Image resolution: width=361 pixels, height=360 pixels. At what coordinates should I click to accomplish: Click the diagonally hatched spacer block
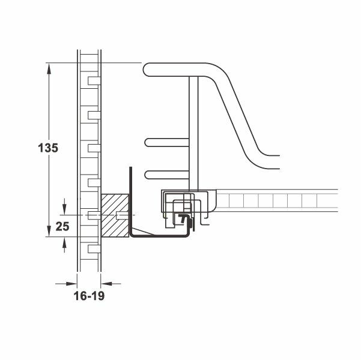tap(113, 216)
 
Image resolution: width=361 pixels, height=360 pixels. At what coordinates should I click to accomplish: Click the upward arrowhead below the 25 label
tap(64, 242)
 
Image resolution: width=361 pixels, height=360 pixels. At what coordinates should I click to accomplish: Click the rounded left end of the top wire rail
tap(147, 70)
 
